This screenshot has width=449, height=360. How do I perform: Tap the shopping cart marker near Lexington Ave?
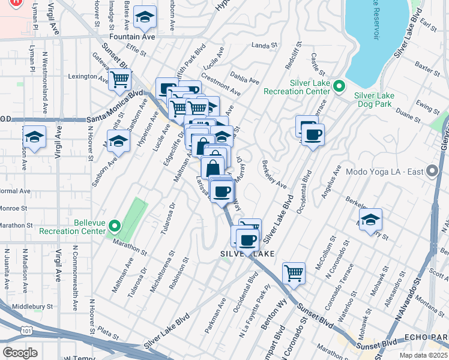coord(120,78)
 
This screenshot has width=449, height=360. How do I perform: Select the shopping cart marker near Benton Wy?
coord(294,273)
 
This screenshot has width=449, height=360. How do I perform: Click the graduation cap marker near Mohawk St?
coord(370,220)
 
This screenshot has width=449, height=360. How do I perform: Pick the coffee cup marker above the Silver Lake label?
coord(246,241)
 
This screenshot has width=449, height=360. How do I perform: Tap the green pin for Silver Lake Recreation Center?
coord(338,88)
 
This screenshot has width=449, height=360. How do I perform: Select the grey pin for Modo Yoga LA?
coord(432,172)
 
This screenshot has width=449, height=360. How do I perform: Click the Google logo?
coord(20,353)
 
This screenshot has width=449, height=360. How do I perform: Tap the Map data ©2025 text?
coord(423,355)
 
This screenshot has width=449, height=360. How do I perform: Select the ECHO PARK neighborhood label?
coord(427,337)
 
